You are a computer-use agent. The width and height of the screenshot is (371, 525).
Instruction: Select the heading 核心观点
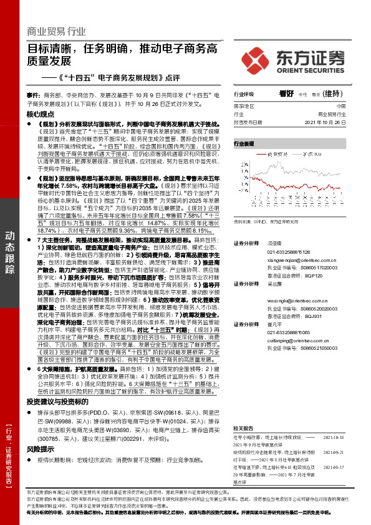coord(41,115)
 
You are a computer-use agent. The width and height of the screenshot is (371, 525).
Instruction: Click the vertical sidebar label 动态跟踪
coord(10,253)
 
